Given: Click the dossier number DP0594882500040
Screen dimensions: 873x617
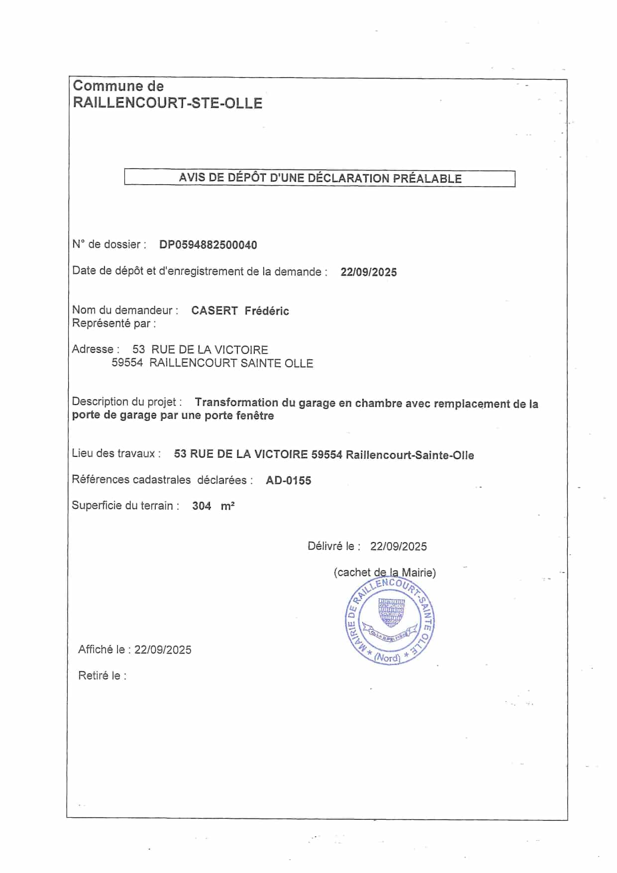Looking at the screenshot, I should click(208, 245).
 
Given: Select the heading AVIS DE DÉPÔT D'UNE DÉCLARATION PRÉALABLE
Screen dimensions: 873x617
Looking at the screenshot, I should click(320, 178).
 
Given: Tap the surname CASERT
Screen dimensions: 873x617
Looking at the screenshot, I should click(214, 311).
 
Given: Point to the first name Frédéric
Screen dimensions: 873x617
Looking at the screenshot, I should click(267, 311).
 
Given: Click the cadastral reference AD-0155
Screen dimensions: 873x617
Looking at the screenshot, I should click(289, 480).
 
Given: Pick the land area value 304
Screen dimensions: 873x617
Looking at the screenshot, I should click(202, 506).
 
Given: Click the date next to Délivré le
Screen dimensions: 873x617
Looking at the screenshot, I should click(398, 546).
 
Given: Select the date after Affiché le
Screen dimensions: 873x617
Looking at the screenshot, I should click(163, 650).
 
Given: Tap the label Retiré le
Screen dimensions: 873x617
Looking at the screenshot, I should click(102, 676).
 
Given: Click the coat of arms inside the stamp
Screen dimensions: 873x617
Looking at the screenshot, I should click(392, 613).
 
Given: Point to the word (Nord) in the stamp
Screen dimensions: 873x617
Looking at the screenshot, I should click(387, 657).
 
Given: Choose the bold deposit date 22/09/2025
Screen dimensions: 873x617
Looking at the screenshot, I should click(369, 272).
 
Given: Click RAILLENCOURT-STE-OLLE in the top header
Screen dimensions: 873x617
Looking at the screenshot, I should click(168, 103).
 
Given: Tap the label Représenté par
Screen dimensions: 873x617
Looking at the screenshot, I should click(114, 324).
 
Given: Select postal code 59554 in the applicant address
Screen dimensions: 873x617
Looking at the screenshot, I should click(127, 363).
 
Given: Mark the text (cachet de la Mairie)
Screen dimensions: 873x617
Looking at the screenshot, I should click(385, 572).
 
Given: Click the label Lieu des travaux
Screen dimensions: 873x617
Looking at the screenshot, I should click(116, 453).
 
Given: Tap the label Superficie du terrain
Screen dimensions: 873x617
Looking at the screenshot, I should click(125, 506).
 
